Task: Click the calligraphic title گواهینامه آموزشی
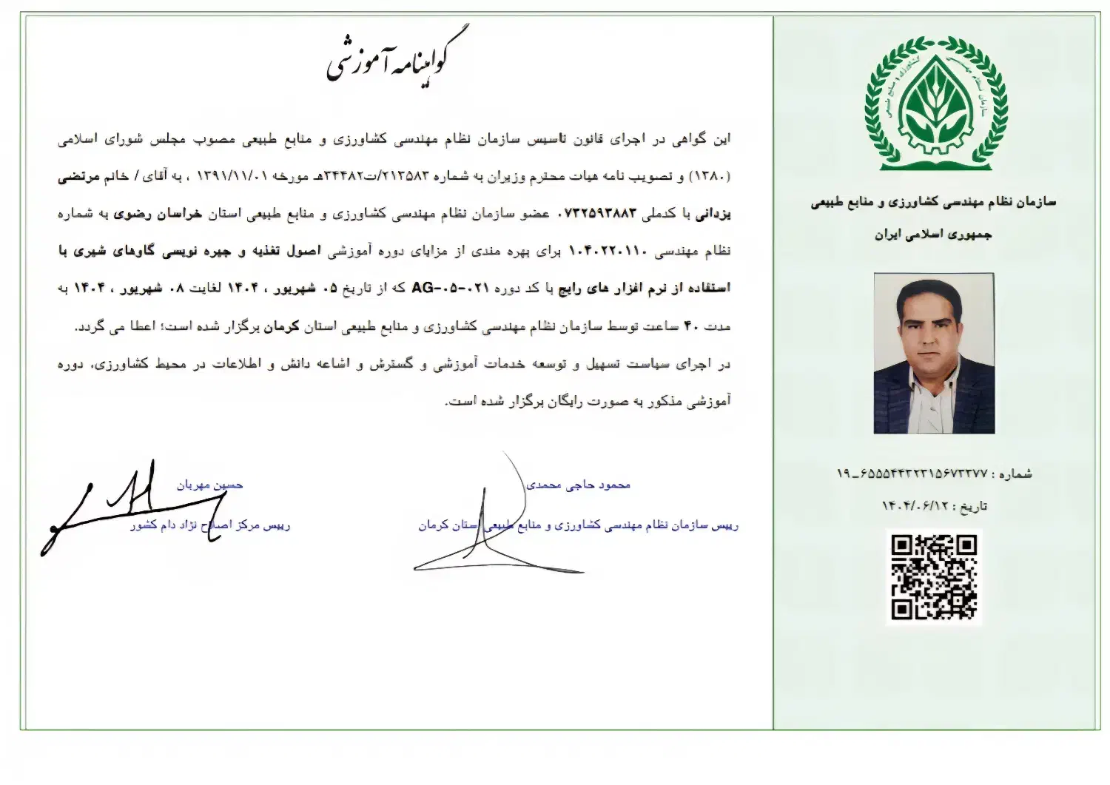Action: [x=397, y=59]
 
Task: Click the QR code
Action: [x=934, y=577]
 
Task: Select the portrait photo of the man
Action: [x=934, y=353]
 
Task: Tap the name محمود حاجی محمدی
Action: [x=578, y=485]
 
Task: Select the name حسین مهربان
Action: [x=209, y=485]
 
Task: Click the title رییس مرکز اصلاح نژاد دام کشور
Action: [x=210, y=526]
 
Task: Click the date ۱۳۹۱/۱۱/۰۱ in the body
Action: [x=240, y=176]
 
